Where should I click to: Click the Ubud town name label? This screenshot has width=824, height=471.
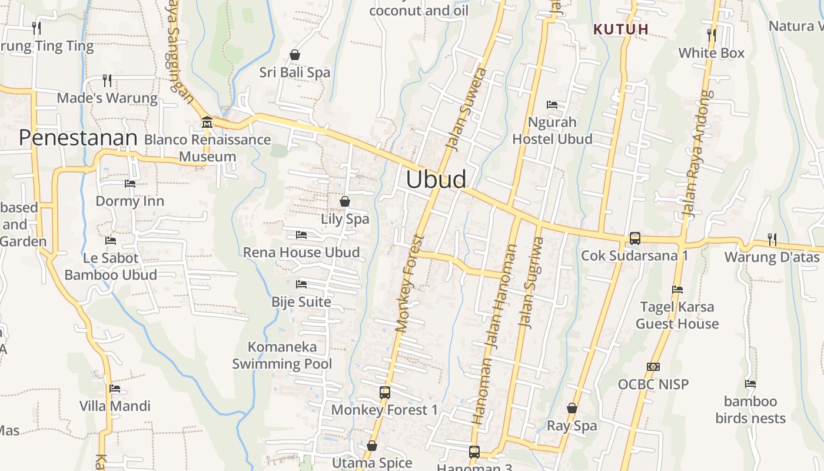[x=436, y=180]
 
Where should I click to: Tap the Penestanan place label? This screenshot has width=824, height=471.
[x=78, y=138]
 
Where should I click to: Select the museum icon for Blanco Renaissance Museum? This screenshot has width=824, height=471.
[x=207, y=122]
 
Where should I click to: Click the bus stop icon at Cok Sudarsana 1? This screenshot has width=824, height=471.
[x=634, y=238]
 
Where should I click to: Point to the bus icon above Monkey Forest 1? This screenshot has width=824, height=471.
[x=384, y=392]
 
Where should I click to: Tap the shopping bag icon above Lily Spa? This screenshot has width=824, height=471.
[x=345, y=201]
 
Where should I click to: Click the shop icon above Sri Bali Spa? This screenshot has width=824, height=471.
[x=295, y=55]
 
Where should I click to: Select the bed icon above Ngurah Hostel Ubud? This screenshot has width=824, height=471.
[x=552, y=105]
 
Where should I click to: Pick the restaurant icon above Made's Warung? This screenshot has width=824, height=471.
[x=107, y=80]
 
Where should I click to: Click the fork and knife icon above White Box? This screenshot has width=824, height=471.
[x=712, y=35]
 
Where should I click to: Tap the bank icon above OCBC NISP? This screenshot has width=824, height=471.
[x=653, y=367]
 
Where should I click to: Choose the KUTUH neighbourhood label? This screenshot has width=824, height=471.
[x=621, y=29]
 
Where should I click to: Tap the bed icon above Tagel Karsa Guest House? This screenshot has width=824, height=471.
[x=677, y=290]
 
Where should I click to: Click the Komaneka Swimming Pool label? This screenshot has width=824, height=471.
[x=282, y=356]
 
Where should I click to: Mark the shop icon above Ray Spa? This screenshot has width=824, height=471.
[x=572, y=408]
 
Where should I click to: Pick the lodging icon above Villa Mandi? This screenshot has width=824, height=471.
[x=115, y=389]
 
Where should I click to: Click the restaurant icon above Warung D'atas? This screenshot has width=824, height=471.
[x=772, y=239]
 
